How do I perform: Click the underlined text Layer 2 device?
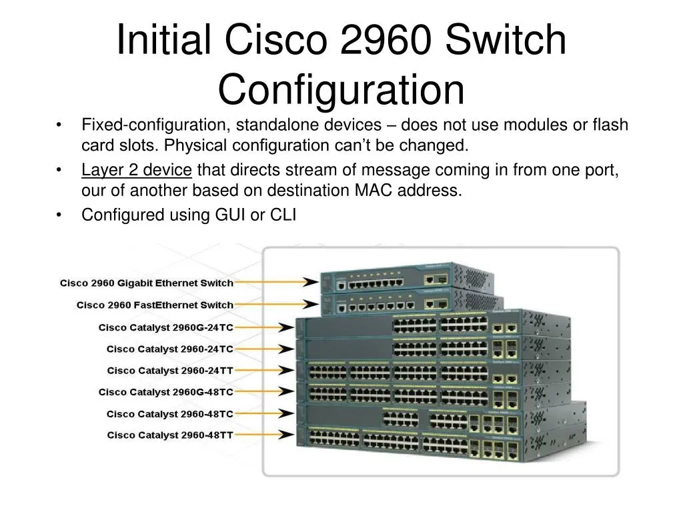[x=137, y=170]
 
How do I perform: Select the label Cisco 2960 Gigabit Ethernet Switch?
[x=147, y=283]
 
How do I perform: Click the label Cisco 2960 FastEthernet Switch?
[x=155, y=305]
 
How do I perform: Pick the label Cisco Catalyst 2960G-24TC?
[x=165, y=327]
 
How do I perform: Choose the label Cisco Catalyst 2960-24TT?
[x=170, y=370]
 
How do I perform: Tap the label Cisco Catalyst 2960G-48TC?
[x=165, y=392]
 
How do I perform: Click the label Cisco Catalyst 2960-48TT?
[x=170, y=435]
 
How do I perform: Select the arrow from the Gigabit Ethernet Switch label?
[x=277, y=282]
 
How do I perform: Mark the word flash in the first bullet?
[x=610, y=125]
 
